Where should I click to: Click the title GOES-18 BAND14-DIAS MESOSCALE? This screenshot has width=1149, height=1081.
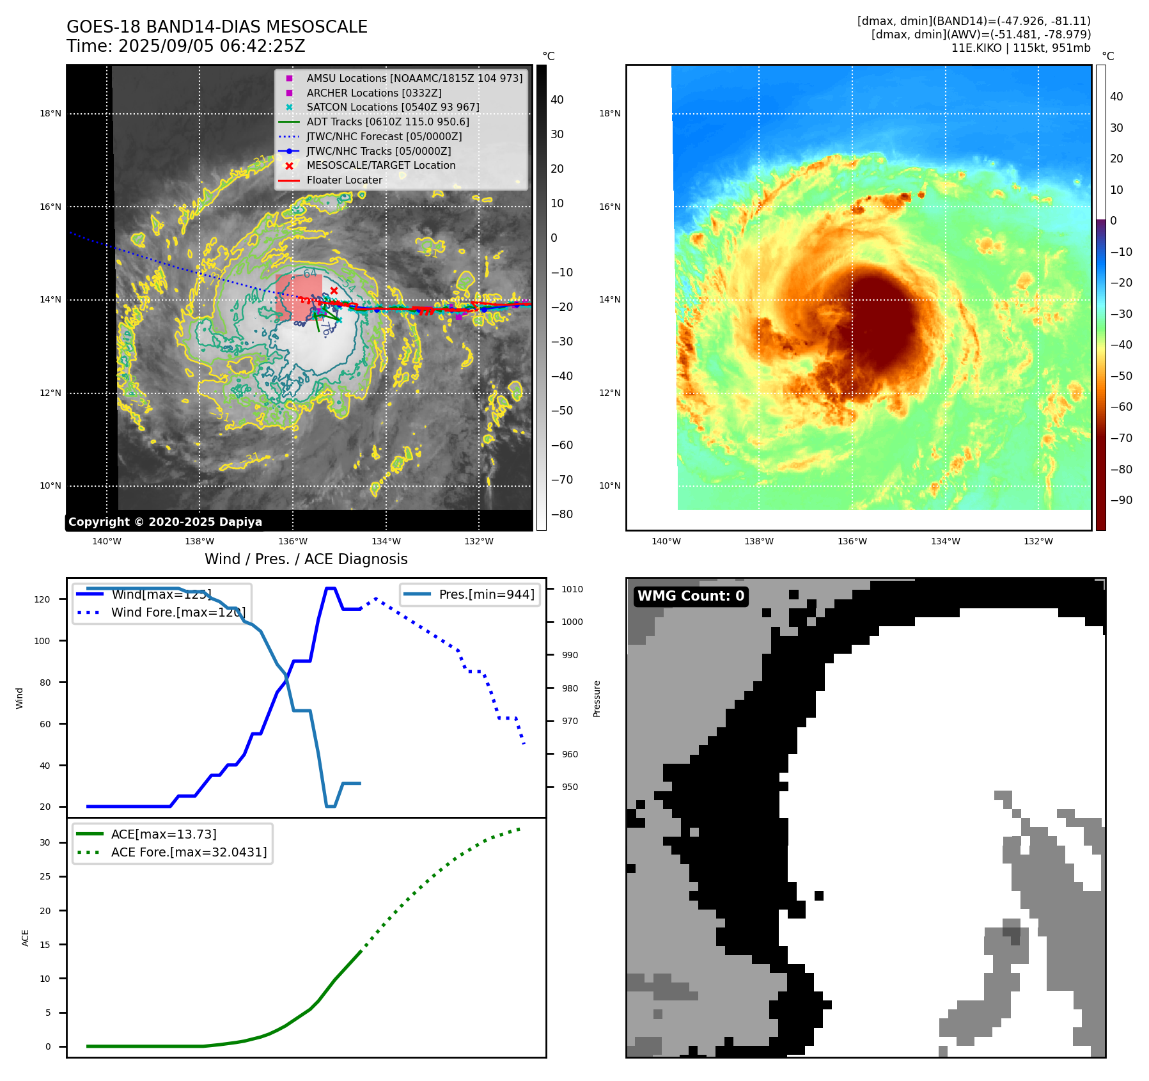pos(217,27)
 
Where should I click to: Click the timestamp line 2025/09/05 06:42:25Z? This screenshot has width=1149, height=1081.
pos(185,46)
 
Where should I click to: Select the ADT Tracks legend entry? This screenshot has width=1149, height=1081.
pos(387,122)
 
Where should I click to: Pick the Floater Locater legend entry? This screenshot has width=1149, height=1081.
pos(344,180)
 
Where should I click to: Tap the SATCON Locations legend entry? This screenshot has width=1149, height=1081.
pos(393,107)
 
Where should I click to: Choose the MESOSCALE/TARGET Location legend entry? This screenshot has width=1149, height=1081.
pos(381,165)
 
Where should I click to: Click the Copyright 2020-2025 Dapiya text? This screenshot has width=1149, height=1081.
pos(165,522)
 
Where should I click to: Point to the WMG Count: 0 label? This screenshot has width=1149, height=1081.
pos(691,596)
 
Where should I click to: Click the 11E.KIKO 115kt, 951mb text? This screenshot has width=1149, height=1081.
pos(1020,48)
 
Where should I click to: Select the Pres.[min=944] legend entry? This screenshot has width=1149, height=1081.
pos(487,594)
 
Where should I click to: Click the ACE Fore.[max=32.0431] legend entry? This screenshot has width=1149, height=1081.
pos(189,852)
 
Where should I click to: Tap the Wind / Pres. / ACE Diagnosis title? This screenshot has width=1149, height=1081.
pos(306,559)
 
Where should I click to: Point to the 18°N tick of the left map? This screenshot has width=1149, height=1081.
pos(51,114)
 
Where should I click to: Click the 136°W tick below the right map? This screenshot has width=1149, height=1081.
pos(852,541)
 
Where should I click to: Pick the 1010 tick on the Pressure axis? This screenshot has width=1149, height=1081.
pos(572,589)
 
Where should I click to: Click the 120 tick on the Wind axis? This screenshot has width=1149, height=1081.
pos(42,599)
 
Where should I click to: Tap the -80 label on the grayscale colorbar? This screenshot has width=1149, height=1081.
pos(562,514)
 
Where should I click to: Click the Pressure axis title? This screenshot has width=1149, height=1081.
pos(597,698)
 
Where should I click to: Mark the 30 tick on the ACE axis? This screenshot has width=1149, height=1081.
pos(45,842)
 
